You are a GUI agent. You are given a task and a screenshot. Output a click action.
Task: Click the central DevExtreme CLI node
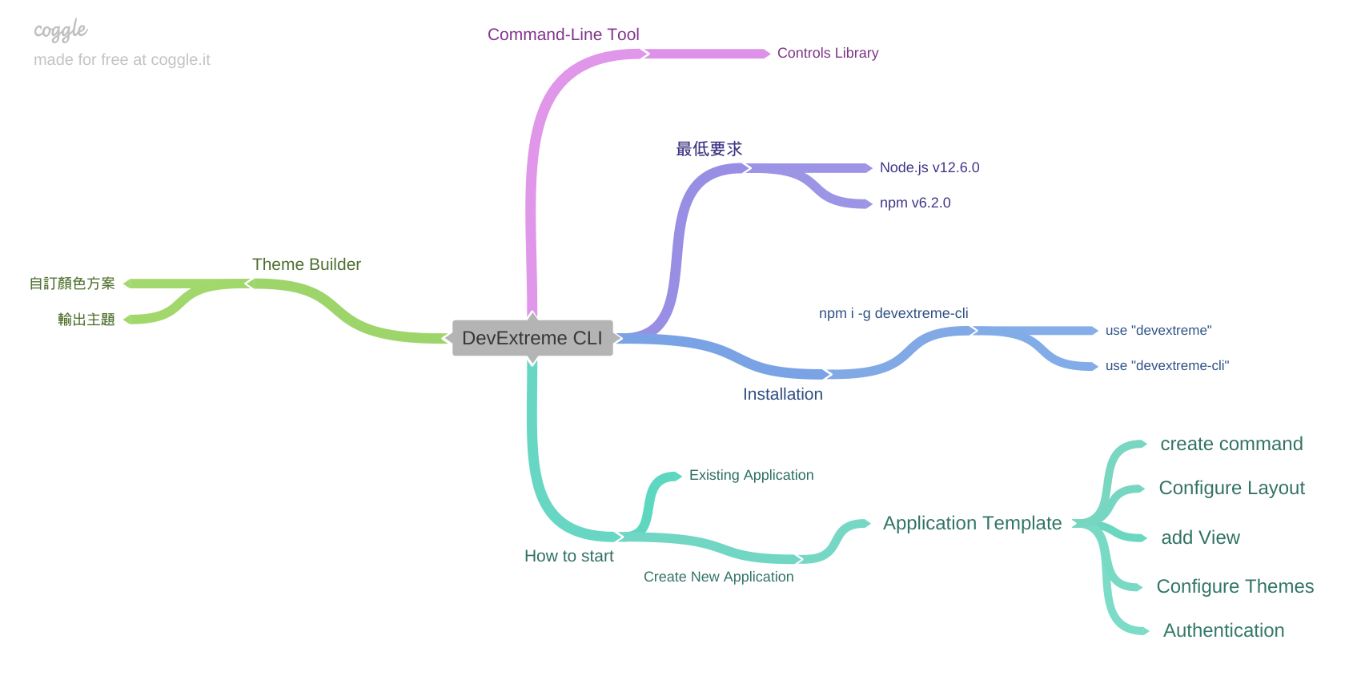pyautogui.click(x=532, y=338)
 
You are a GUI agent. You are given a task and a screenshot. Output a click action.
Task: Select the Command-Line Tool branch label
pyautogui.click(x=563, y=34)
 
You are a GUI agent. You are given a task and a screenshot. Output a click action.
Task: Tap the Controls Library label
pyautogui.click(x=827, y=53)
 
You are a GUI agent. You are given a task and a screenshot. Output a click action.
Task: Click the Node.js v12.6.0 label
pyautogui.click(x=929, y=167)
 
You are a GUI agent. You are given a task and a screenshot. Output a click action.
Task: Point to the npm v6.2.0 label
pyautogui.click(x=914, y=203)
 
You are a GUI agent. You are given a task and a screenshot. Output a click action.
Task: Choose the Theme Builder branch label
pyautogui.click(x=306, y=264)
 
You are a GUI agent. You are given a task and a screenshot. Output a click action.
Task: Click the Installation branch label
pyautogui.click(x=782, y=394)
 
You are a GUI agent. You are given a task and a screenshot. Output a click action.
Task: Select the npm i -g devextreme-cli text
pyautogui.click(x=893, y=313)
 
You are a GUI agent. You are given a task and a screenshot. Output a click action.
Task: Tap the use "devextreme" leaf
pyautogui.click(x=1158, y=330)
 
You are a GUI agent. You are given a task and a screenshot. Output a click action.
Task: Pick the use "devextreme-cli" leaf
pyautogui.click(x=1166, y=365)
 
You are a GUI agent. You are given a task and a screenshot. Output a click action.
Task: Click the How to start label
pyautogui.click(x=568, y=556)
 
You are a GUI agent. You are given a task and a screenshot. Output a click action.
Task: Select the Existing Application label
pyautogui.click(x=751, y=475)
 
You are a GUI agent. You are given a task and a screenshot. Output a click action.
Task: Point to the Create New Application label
pyautogui.click(x=718, y=577)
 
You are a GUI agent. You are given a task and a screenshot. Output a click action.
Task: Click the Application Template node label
pyautogui.click(x=972, y=523)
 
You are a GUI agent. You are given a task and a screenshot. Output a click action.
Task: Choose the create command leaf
pyautogui.click(x=1231, y=444)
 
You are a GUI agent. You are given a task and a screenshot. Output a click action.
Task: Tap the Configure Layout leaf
pyautogui.click(x=1231, y=488)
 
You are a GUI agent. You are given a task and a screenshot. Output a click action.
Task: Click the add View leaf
pyautogui.click(x=1200, y=537)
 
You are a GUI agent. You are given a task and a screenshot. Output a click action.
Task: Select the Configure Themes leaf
pyautogui.click(x=1235, y=586)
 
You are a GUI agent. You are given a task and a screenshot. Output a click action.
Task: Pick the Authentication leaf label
pyautogui.click(x=1223, y=630)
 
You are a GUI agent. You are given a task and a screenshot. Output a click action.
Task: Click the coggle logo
pyautogui.click(x=60, y=31)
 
